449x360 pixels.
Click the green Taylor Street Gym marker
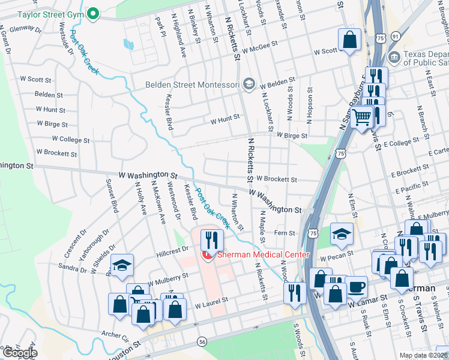point(93,14)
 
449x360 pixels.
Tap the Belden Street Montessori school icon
point(249,85)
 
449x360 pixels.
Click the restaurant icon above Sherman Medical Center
point(212,241)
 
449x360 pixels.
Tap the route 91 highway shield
point(394,37)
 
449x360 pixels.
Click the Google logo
point(19,353)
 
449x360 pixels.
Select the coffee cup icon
point(356,287)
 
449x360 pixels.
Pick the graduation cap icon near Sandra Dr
point(122,265)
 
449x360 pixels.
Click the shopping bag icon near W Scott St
point(349,40)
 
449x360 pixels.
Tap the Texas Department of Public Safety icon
point(394,58)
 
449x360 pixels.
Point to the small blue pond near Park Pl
point(128,44)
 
